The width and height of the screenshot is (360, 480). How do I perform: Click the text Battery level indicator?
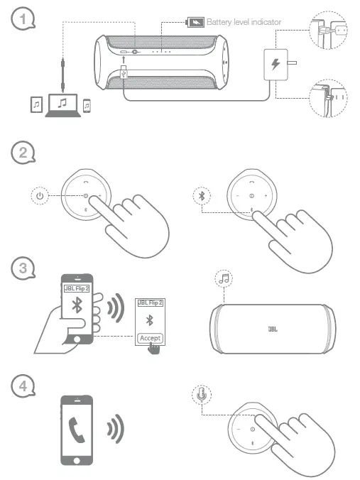(244, 22)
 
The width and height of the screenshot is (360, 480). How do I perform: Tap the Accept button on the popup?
(150, 337)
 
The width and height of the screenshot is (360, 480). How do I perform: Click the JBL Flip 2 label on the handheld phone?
(75, 288)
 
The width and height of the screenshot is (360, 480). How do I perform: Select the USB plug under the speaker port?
(124, 72)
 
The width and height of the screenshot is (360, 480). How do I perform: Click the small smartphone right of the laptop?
(87, 105)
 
